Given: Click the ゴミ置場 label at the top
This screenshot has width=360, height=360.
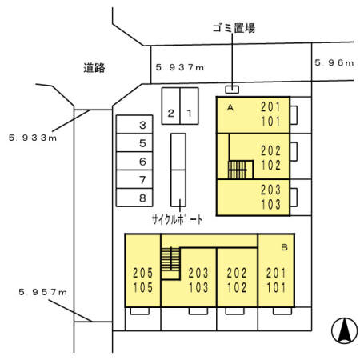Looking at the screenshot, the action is pyautogui.click(x=234, y=28).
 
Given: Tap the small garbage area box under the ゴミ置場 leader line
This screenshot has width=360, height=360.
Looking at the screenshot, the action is pyautogui.click(x=232, y=90).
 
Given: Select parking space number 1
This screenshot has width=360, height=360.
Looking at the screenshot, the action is pyautogui.click(x=190, y=106).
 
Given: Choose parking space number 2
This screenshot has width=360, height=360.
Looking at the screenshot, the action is pyautogui.click(x=171, y=106).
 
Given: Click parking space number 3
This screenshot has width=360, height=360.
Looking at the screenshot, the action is pyautogui.click(x=134, y=124).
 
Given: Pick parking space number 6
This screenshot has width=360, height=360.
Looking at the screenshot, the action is pyautogui.click(x=134, y=161).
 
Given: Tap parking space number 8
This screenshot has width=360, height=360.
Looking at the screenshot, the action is pyautogui.click(x=134, y=198).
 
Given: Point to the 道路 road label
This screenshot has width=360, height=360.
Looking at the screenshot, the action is pyautogui.click(x=94, y=68).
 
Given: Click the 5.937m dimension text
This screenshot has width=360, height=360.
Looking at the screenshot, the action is pyautogui.click(x=180, y=67).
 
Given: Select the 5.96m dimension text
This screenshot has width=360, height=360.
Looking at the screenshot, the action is pyautogui.click(x=334, y=62).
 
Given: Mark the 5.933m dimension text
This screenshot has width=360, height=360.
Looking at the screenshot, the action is pyautogui.click(x=33, y=138).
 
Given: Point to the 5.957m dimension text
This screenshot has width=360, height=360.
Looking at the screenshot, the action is pyautogui.click(x=42, y=292).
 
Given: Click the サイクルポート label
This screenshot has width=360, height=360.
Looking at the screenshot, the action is pyautogui.click(x=177, y=220).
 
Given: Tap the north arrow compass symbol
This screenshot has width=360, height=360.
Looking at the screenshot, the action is pyautogui.click(x=344, y=330).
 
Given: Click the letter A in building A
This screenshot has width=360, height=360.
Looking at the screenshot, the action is pyautogui.click(x=230, y=107).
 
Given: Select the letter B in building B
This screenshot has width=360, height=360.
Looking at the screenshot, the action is pyautogui.click(x=284, y=247).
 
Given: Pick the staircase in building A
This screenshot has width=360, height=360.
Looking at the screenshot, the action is pyautogui.click(x=238, y=170).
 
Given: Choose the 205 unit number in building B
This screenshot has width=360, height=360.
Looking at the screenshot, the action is pyautogui.click(x=143, y=273).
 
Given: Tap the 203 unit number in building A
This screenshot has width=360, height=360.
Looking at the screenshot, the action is pyautogui.click(x=270, y=190).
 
